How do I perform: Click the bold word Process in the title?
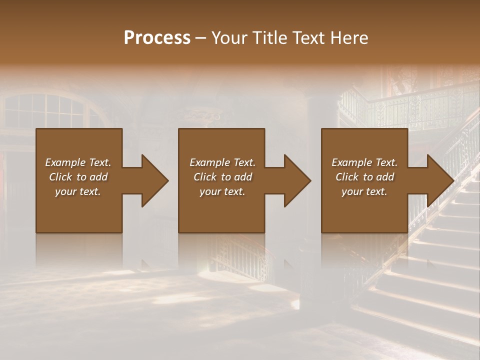coord(157,37)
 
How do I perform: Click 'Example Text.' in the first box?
coord(78,162)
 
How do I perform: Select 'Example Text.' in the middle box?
coord(222,162)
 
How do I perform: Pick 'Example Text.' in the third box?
coord(364,162)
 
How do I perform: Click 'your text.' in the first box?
coord(78,191)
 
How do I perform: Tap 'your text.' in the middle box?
coord(222,191)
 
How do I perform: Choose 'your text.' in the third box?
coord(364,191)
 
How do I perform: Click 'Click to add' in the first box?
coord(78,177)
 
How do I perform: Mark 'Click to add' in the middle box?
coord(222,177)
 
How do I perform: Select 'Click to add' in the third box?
coord(364,177)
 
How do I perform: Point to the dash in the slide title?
coord(201,38)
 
